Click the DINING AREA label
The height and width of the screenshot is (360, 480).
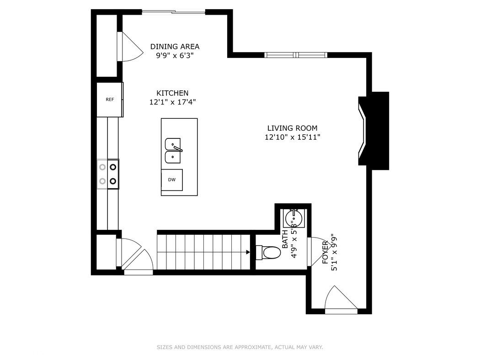pyautogui.click(x=175, y=47)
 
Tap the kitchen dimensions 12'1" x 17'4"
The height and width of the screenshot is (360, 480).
pyautogui.click(x=172, y=102)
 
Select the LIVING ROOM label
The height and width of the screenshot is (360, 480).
pyautogui.click(x=292, y=128)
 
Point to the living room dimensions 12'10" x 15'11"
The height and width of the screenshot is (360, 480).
pyautogui.click(x=292, y=137)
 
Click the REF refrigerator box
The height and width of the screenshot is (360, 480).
pyautogui.click(x=110, y=100)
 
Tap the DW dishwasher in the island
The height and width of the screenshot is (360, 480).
pyautogui.click(x=172, y=180)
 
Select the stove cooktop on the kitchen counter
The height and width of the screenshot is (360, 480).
pyautogui.click(x=108, y=174)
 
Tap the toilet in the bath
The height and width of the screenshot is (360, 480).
pyautogui.click(x=268, y=253)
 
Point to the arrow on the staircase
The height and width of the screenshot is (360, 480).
pyautogui.click(x=247, y=252)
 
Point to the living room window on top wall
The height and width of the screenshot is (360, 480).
pyautogui.click(x=296, y=55)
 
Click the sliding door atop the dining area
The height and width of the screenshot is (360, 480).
pyautogui.click(x=173, y=12)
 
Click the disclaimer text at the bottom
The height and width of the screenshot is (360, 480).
pyautogui.click(x=240, y=348)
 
